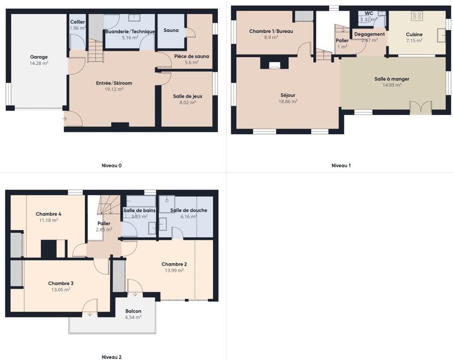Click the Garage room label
click(x=39, y=57)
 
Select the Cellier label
click(x=78, y=22)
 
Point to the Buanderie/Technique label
click(x=130, y=32)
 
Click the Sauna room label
click(x=171, y=30)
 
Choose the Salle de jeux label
click(x=187, y=96)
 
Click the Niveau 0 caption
click(x=112, y=166)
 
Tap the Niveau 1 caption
click(x=341, y=166)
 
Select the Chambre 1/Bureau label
click(x=271, y=31)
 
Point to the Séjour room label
click(x=288, y=95)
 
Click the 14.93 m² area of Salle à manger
click(x=392, y=85)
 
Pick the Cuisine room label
click(x=414, y=35)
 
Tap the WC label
click(x=369, y=12)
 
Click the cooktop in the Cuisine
click(x=417, y=16)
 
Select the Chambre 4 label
click(x=49, y=214)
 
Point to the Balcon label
click(x=133, y=311)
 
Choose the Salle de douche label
click(x=189, y=211)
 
